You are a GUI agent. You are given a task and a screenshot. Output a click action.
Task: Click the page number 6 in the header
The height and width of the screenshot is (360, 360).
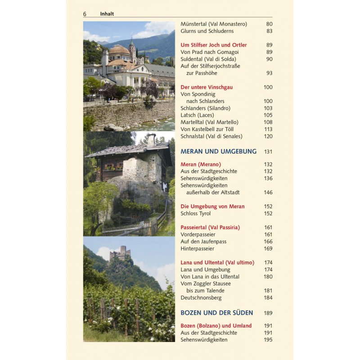(x=85, y=14)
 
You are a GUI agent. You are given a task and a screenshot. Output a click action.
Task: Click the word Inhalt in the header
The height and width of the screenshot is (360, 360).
(x=107, y=14)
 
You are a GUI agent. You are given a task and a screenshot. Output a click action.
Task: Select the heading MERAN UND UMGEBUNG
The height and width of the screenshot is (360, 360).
(x=218, y=152)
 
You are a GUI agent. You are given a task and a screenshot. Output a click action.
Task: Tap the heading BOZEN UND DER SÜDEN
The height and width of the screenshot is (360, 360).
(x=216, y=313)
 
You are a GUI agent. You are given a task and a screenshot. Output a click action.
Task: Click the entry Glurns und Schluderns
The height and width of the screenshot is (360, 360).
(x=207, y=31)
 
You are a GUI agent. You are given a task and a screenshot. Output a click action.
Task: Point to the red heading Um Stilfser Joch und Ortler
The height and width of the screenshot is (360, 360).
(x=214, y=45)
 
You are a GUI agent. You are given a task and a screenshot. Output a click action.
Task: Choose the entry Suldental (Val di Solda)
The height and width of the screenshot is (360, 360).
(x=208, y=59)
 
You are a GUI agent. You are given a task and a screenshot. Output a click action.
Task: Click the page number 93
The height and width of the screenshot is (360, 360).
(x=269, y=73)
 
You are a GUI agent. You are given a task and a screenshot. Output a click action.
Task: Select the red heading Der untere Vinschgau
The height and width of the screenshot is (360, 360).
(x=207, y=87)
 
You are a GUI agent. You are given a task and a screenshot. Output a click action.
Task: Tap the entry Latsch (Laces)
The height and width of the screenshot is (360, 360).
(x=197, y=115)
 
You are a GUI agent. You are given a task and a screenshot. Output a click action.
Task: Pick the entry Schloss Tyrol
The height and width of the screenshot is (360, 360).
(x=196, y=214)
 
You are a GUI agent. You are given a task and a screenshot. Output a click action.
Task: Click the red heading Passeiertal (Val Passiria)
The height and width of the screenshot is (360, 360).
(x=210, y=228)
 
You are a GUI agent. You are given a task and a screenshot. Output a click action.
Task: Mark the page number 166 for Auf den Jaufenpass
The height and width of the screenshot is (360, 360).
(x=268, y=242)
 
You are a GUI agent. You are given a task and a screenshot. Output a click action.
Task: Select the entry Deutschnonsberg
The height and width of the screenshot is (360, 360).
(x=201, y=298)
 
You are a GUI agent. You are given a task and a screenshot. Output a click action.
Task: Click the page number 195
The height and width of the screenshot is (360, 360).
(x=268, y=340)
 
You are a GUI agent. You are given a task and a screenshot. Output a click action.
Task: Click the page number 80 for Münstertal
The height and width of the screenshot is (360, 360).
(x=270, y=24)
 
